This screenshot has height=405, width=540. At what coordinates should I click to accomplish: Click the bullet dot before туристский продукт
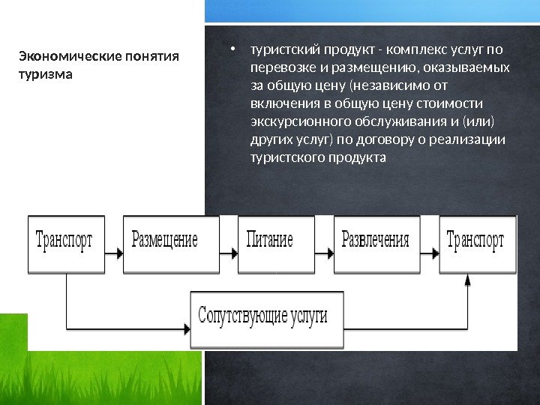click(x=234, y=51)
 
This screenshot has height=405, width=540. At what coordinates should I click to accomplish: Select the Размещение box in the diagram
click(x=171, y=242)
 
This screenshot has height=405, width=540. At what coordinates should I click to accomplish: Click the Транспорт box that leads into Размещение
click(x=66, y=242)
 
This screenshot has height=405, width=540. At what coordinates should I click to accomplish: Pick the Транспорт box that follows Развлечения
click(x=478, y=242)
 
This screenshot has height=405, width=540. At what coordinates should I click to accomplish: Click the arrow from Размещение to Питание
click(x=229, y=253)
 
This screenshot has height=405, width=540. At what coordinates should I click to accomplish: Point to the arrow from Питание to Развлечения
click(x=324, y=253)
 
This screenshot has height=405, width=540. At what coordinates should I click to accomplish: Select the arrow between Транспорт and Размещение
click(x=113, y=253)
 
